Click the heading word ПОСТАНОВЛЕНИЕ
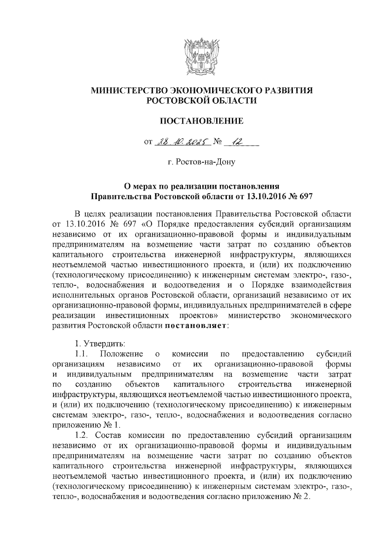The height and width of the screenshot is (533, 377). pyautogui.click(x=202, y=121)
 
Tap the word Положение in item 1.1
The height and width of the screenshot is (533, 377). pyautogui.click(x=122, y=354)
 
